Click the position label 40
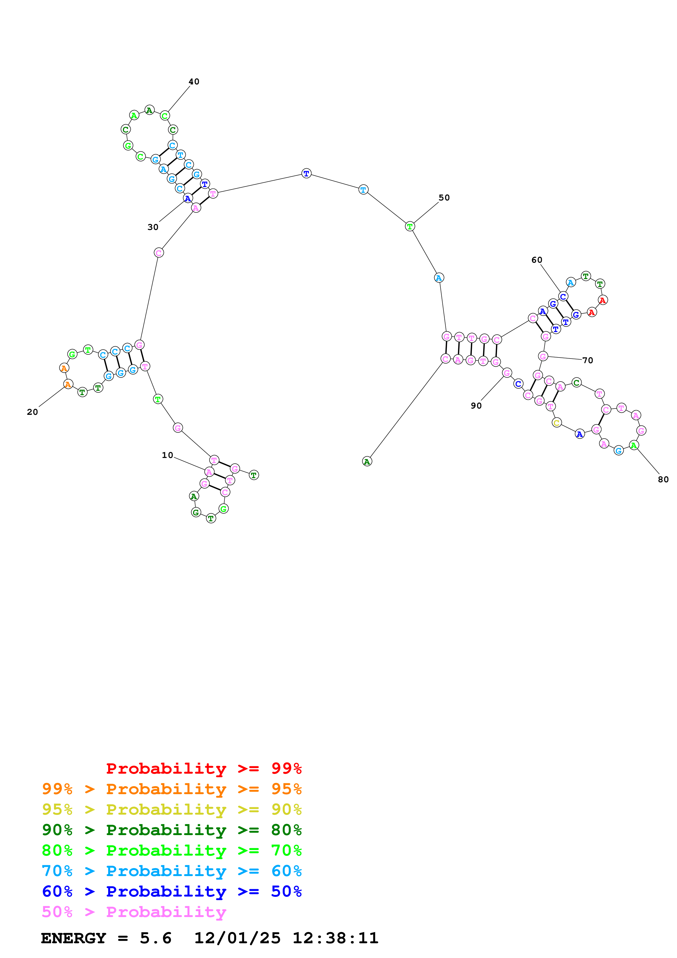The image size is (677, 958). [194, 82]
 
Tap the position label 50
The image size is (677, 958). [444, 198]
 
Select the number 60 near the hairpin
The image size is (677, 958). [537, 260]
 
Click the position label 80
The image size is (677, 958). [663, 480]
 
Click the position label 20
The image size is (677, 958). [32, 412]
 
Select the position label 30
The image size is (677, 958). [153, 227]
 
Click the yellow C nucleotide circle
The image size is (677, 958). [557, 423]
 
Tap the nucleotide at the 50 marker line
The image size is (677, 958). [410, 227]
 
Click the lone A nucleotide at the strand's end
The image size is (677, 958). [367, 462]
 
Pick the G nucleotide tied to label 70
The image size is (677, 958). [543, 356]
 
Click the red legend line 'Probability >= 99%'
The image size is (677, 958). [204, 768]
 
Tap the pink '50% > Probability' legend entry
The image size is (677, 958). [134, 912]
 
